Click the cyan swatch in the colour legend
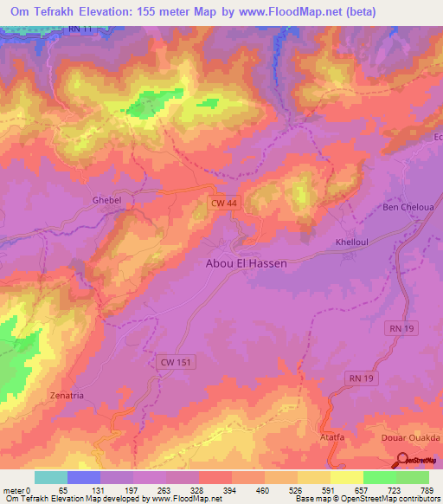point(51,477)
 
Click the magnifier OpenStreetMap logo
point(402,460)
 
